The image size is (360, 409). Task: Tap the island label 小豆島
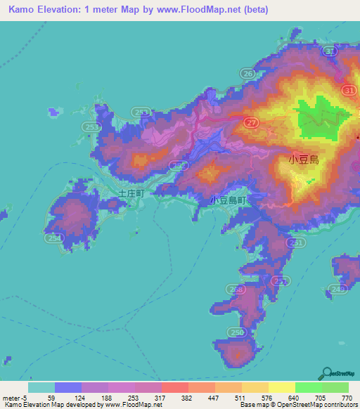point(304,160)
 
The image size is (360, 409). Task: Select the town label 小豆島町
point(229,200)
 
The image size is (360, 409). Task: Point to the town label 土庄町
point(131,192)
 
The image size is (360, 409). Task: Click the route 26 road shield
point(247,73)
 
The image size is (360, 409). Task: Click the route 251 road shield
point(297,242)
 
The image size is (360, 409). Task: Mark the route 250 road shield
point(238,332)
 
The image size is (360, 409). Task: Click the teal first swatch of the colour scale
point(41,387)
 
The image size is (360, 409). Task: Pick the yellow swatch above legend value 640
point(282,387)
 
